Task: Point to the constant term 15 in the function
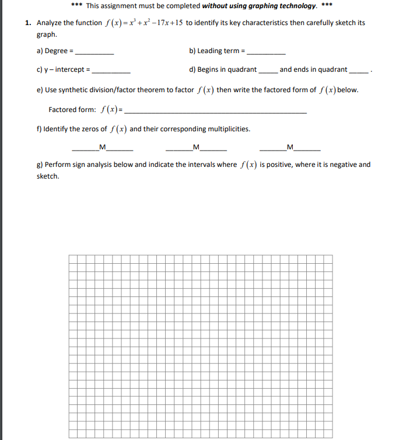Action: pos(178,23)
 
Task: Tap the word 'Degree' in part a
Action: pos(56,51)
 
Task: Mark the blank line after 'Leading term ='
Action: pos(267,53)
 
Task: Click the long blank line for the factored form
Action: pos(216,112)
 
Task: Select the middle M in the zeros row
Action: pos(196,146)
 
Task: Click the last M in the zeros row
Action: pos(290,146)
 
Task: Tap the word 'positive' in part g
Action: pos(278,165)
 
